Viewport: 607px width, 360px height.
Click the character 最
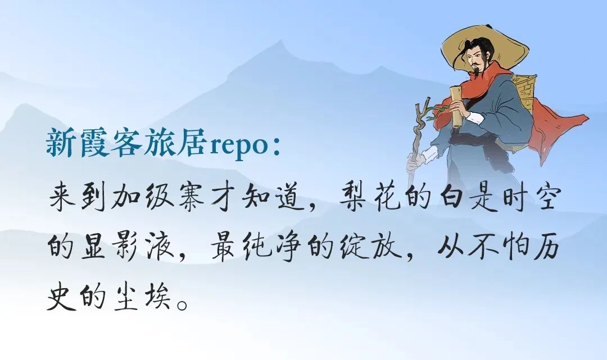coord(224,247)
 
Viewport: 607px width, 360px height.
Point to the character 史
coord(61,296)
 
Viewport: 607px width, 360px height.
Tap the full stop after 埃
coord(183,304)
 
